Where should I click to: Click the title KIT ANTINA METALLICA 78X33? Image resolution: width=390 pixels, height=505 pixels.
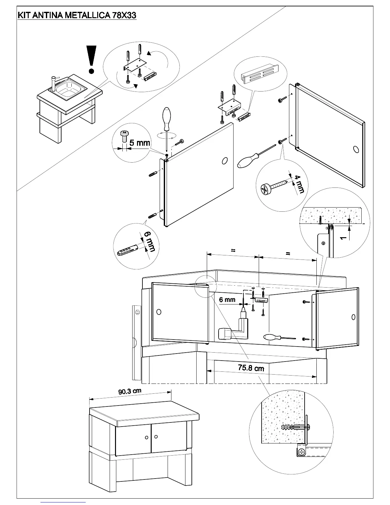point(77,15)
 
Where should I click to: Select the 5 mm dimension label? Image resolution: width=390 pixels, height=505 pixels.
point(140,143)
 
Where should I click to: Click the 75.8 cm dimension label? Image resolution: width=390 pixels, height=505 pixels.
point(251,368)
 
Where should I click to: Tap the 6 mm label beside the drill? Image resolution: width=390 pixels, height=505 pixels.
point(227,300)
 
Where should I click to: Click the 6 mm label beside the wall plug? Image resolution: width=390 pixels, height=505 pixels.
point(149,241)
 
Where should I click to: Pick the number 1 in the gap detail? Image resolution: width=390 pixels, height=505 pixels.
point(343,238)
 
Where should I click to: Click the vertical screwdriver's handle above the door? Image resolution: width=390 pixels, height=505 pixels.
point(166,119)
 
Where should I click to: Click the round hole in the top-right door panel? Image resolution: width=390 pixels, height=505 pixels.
point(356,149)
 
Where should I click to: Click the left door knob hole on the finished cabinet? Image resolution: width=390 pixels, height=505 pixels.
point(147,437)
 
